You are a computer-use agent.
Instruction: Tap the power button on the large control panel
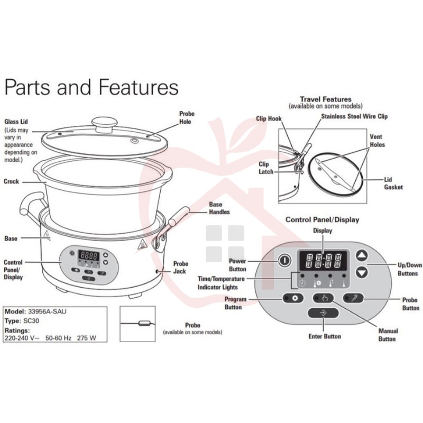pos(284,261)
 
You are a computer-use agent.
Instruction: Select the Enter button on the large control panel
pos(324,313)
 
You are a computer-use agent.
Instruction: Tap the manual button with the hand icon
pos(324,298)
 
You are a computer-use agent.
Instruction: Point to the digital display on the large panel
pos(323,261)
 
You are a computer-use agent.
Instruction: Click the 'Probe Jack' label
pos(180,267)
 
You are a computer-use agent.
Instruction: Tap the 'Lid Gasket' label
pos(393,183)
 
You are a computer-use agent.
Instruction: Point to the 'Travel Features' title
pos(326,99)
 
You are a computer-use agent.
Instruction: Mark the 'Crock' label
pos(12,181)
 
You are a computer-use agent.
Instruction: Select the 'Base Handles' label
pos(219,208)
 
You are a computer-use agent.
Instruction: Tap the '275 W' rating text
pos(88,336)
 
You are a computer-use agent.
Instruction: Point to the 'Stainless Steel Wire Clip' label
pos(354,116)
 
